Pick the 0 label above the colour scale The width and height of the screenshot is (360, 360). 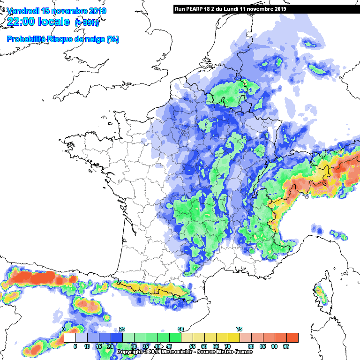pos(64,329)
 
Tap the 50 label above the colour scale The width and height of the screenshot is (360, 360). pos(180,329)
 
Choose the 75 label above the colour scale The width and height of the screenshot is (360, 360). pos(239,329)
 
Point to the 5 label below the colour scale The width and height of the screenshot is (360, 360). pos(75,347)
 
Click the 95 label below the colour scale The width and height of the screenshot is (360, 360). pos(286,347)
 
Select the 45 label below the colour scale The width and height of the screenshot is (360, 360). pos(169,347)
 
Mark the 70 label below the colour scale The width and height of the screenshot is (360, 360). pos(227,347)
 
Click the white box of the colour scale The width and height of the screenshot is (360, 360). pos(70,337)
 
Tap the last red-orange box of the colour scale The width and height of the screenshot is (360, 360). pos(292,337)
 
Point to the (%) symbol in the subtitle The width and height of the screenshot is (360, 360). pos(113,39)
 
